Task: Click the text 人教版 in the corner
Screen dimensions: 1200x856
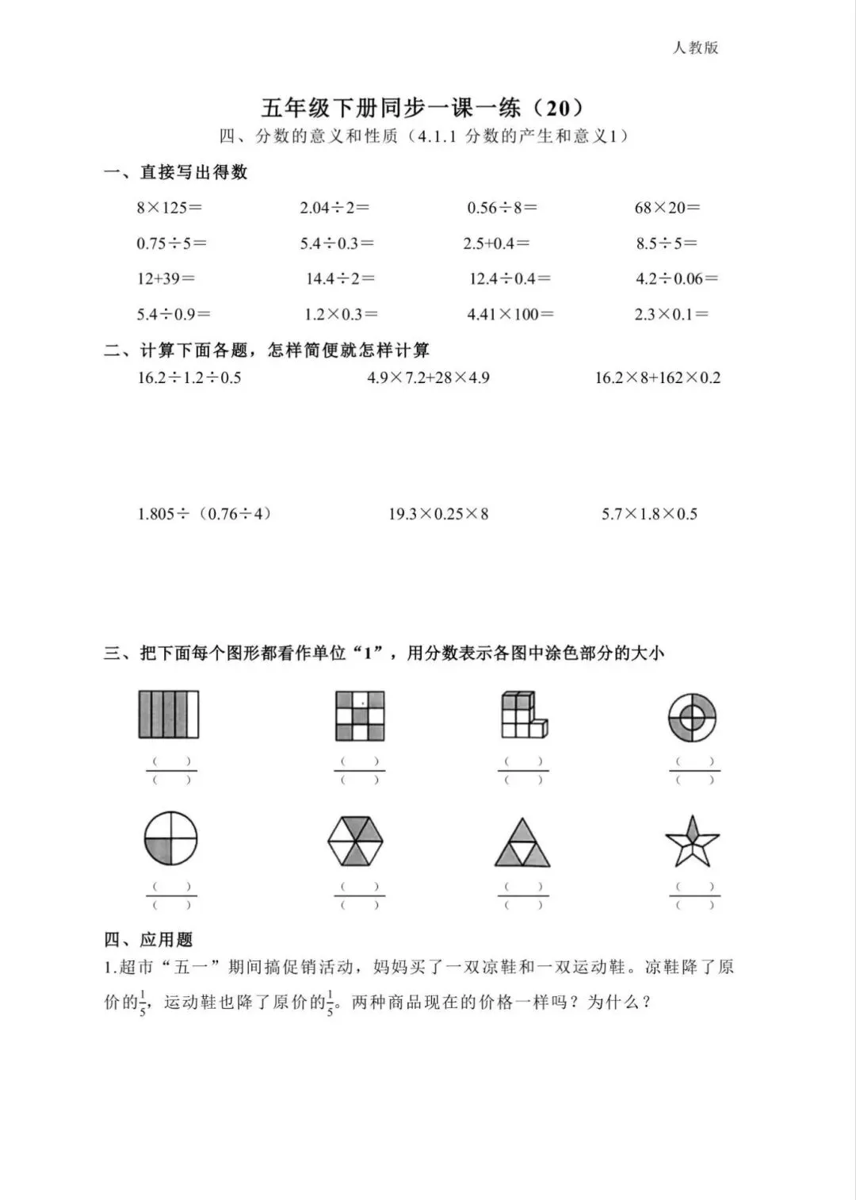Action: [x=695, y=48]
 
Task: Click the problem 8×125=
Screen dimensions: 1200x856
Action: [x=169, y=208]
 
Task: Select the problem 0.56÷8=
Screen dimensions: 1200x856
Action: [x=502, y=208]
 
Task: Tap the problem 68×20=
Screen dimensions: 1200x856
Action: [x=667, y=208]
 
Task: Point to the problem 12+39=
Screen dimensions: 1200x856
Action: [x=165, y=278]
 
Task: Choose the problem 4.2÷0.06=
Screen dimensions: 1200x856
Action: [x=676, y=278]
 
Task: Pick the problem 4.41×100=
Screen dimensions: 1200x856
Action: [x=510, y=314]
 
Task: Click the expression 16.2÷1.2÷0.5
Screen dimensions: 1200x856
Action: [x=189, y=378]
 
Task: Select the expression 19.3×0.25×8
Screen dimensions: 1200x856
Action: [x=438, y=514]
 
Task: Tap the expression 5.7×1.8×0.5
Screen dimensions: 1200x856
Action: [x=649, y=514]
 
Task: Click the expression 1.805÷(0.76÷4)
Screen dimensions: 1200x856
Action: [x=205, y=514]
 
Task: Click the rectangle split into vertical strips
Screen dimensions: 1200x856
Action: [x=169, y=714]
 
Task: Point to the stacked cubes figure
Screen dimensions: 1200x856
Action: [x=523, y=714]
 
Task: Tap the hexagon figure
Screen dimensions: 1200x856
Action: [x=355, y=841]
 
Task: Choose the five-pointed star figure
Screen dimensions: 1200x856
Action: [x=693, y=842]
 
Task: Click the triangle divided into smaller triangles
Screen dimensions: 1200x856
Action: [x=522, y=843]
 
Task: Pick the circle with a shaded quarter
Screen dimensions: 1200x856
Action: [x=170, y=838]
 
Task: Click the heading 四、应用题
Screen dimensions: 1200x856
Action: [x=148, y=940]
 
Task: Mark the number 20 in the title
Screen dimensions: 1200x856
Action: [x=558, y=108]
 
